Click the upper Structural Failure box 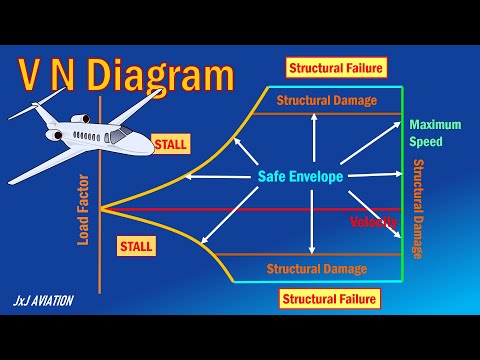coord(337,68)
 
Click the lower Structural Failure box coord(330,298)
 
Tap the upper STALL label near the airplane coord(170,144)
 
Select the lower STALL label coord(135,244)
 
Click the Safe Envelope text coord(300,177)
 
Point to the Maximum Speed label coord(435,133)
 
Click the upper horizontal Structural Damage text coord(326,100)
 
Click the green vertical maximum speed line coord(402,180)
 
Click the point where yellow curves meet coord(102,208)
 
